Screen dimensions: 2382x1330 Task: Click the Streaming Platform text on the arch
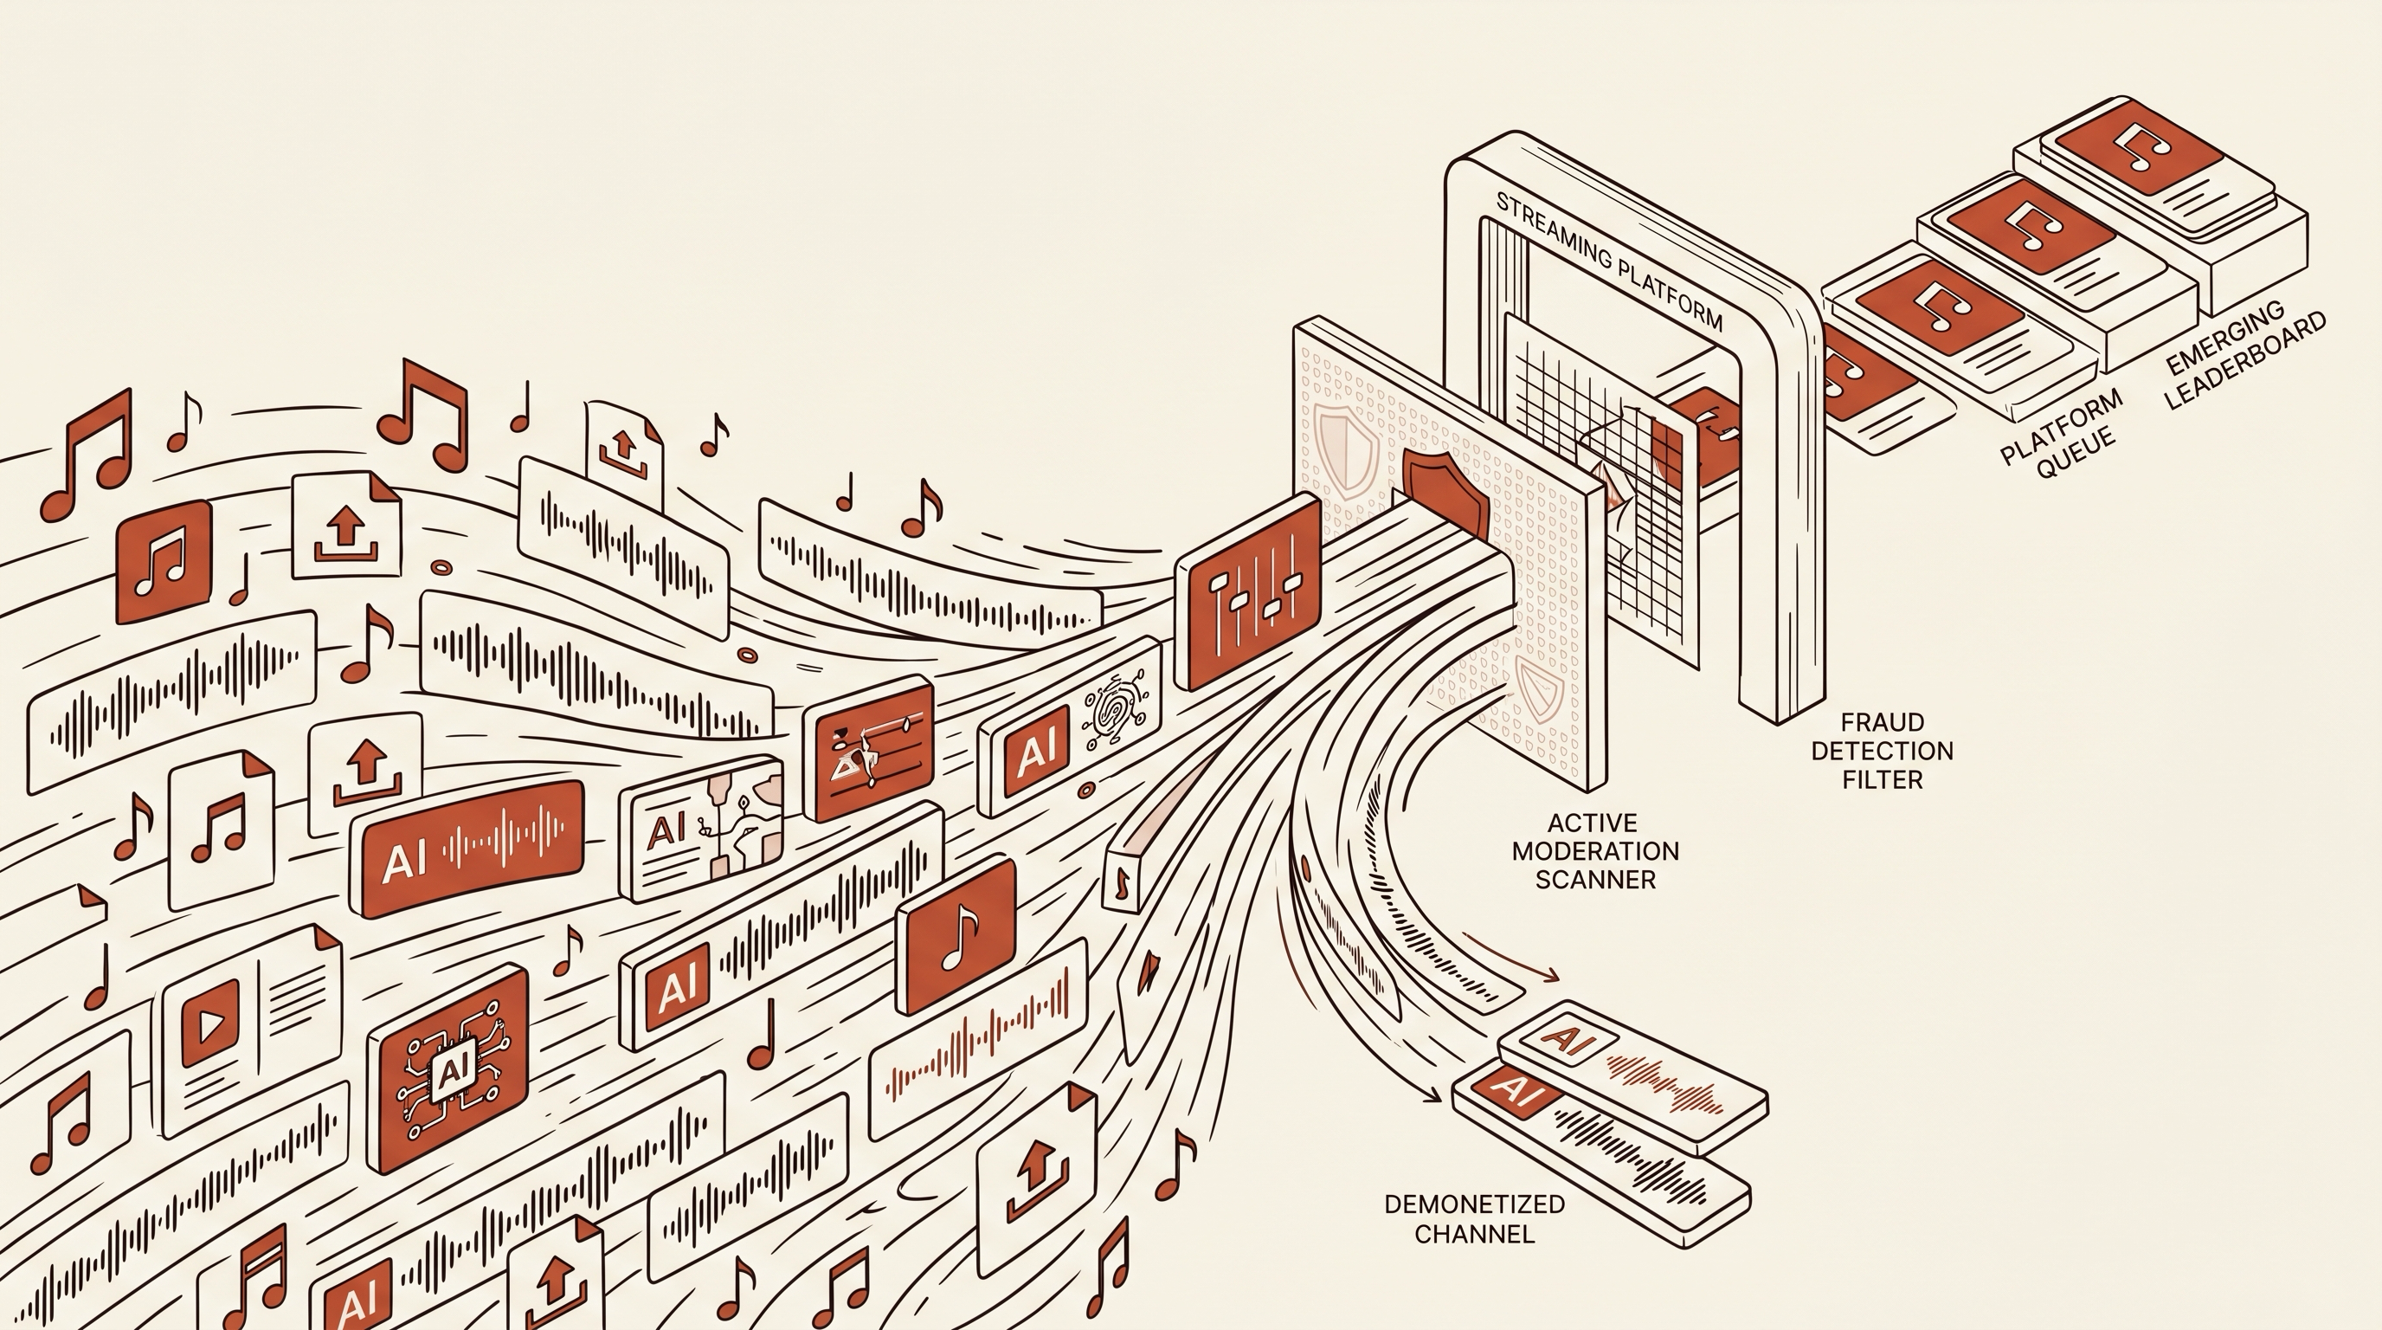click(x=1608, y=261)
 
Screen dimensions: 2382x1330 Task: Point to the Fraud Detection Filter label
click(x=1882, y=750)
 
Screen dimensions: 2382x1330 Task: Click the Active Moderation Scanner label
click(x=1595, y=851)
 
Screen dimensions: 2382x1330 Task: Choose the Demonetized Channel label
click(x=1475, y=1218)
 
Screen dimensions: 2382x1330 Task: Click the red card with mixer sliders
click(x=1248, y=592)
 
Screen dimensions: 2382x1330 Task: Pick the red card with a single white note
click(x=956, y=934)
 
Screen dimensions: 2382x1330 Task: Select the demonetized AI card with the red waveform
click(x=1633, y=1075)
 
